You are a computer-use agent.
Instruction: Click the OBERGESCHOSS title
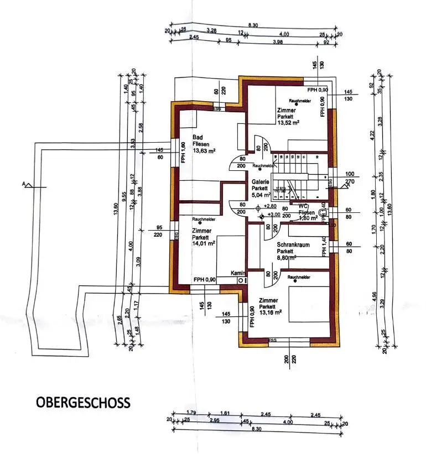point(84,402)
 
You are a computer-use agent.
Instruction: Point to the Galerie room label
point(260,181)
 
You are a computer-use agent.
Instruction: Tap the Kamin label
point(239,273)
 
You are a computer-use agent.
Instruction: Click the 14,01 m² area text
point(204,242)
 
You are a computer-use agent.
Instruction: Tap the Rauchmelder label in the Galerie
point(264,165)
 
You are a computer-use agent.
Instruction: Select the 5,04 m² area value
point(261,195)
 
